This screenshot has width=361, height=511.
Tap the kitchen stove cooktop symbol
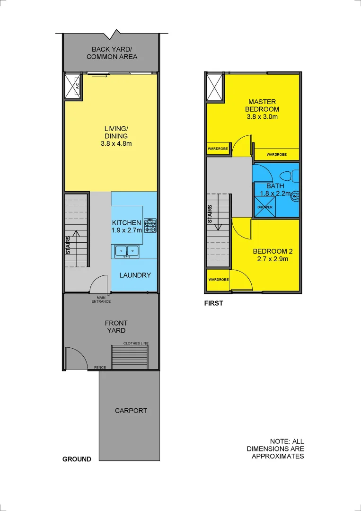(x=150, y=225)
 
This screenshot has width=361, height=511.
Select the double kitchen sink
(x=127, y=251)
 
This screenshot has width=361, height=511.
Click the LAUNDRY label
(x=135, y=275)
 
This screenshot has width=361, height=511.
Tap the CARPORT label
(x=131, y=411)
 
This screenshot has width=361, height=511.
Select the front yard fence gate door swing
(x=76, y=359)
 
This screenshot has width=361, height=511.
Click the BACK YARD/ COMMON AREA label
(x=112, y=53)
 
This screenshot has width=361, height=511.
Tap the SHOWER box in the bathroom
(x=264, y=207)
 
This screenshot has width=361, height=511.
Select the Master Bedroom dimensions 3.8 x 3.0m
(x=262, y=117)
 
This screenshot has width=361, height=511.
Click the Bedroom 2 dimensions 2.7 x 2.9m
(x=271, y=259)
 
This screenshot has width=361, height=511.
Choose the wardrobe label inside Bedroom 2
(x=218, y=280)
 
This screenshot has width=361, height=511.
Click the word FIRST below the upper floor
(x=213, y=304)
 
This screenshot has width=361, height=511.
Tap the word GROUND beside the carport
(x=77, y=459)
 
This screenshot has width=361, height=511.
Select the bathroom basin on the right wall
(x=295, y=194)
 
